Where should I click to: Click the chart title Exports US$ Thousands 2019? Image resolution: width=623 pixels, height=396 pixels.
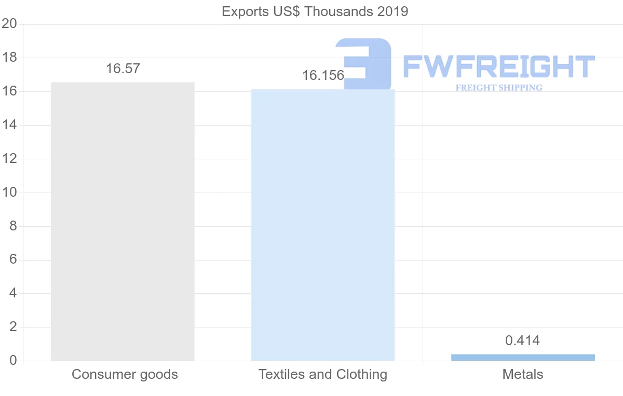click(x=315, y=11)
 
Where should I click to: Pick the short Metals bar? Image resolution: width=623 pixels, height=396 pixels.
click(x=523, y=357)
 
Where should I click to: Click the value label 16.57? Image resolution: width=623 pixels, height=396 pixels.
click(x=123, y=69)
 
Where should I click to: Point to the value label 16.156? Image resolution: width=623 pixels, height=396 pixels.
click(x=323, y=76)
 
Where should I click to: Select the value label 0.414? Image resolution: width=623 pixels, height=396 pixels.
click(x=522, y=341)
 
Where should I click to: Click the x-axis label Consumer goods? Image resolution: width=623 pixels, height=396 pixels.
click(x=125, y=374)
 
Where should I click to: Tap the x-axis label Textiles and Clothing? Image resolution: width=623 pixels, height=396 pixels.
click(x=323, y=374)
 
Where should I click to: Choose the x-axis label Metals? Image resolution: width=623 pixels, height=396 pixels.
click(x=523, y=374)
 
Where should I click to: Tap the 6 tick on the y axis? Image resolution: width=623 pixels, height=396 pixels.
click(x=13, y=260)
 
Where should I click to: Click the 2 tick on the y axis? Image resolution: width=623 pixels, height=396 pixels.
click(x=13, y=327)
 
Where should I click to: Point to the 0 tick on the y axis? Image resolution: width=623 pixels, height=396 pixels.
click(x=13, y=361)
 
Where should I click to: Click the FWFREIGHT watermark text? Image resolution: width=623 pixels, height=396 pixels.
click(x=499, y=67)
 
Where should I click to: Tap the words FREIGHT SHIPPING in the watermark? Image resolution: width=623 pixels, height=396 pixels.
click(x=499, y=88)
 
